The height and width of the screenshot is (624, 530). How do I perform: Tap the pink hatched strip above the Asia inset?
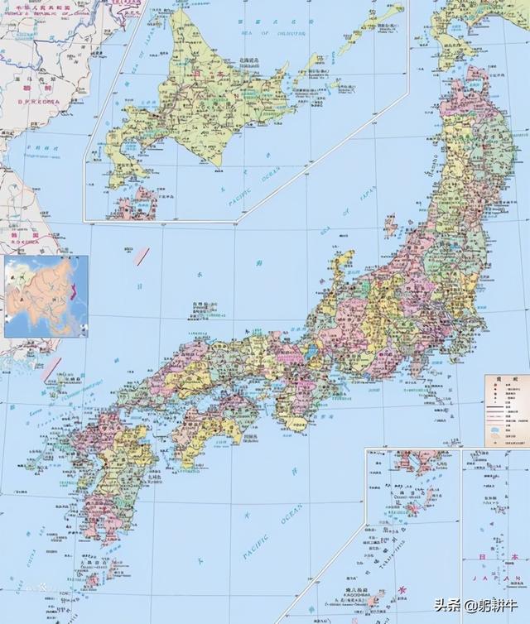(x=141, y=257)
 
